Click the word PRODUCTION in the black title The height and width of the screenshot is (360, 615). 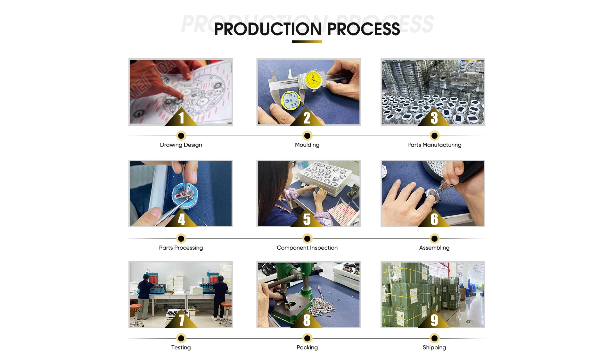[268, 29]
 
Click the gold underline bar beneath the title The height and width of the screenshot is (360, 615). [307, 42]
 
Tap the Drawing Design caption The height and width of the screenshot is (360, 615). [181, 145]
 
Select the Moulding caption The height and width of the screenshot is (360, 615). [307, 145]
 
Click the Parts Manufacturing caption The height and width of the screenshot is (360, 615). [434, 145]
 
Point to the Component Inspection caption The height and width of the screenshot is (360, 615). [307, 248]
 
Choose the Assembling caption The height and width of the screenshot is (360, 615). [434, 248]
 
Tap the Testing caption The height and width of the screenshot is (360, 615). [181, 347]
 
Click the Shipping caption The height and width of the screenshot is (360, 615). [434, 347]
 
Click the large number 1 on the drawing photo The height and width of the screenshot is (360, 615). [182, 118]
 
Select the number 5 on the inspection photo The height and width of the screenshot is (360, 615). [307, 219]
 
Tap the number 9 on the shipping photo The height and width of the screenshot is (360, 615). [434, 320]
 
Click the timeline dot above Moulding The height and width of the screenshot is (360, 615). [307, 136]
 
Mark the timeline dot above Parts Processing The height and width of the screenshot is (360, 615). [181, 239]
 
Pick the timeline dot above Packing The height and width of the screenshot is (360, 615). [307, 338]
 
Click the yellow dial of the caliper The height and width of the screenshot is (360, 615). [313, 80]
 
